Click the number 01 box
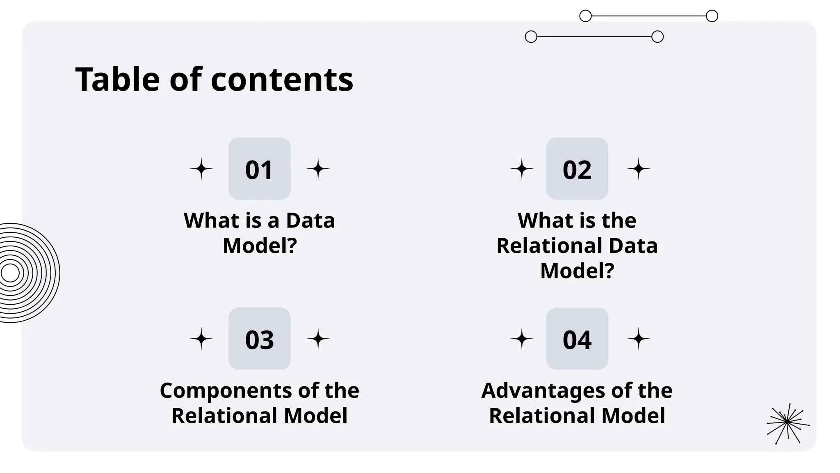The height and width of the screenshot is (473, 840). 259,169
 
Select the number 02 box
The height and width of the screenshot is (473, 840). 577,169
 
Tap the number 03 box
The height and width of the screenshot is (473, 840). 259,339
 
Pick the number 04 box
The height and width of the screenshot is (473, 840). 577,339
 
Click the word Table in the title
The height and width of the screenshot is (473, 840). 117,79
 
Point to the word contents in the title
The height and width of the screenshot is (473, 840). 282,80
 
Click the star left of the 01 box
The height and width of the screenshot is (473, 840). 201,169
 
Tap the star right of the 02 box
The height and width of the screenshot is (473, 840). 639,169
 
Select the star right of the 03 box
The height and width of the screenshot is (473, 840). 318,339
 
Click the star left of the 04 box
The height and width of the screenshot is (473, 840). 522,339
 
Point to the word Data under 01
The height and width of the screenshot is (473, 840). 310,220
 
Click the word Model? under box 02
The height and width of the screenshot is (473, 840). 577,271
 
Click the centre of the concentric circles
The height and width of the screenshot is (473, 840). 10,273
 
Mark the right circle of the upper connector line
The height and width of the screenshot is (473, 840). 712,16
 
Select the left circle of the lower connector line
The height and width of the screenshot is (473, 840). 531,37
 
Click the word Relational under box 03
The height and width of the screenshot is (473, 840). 225,416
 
